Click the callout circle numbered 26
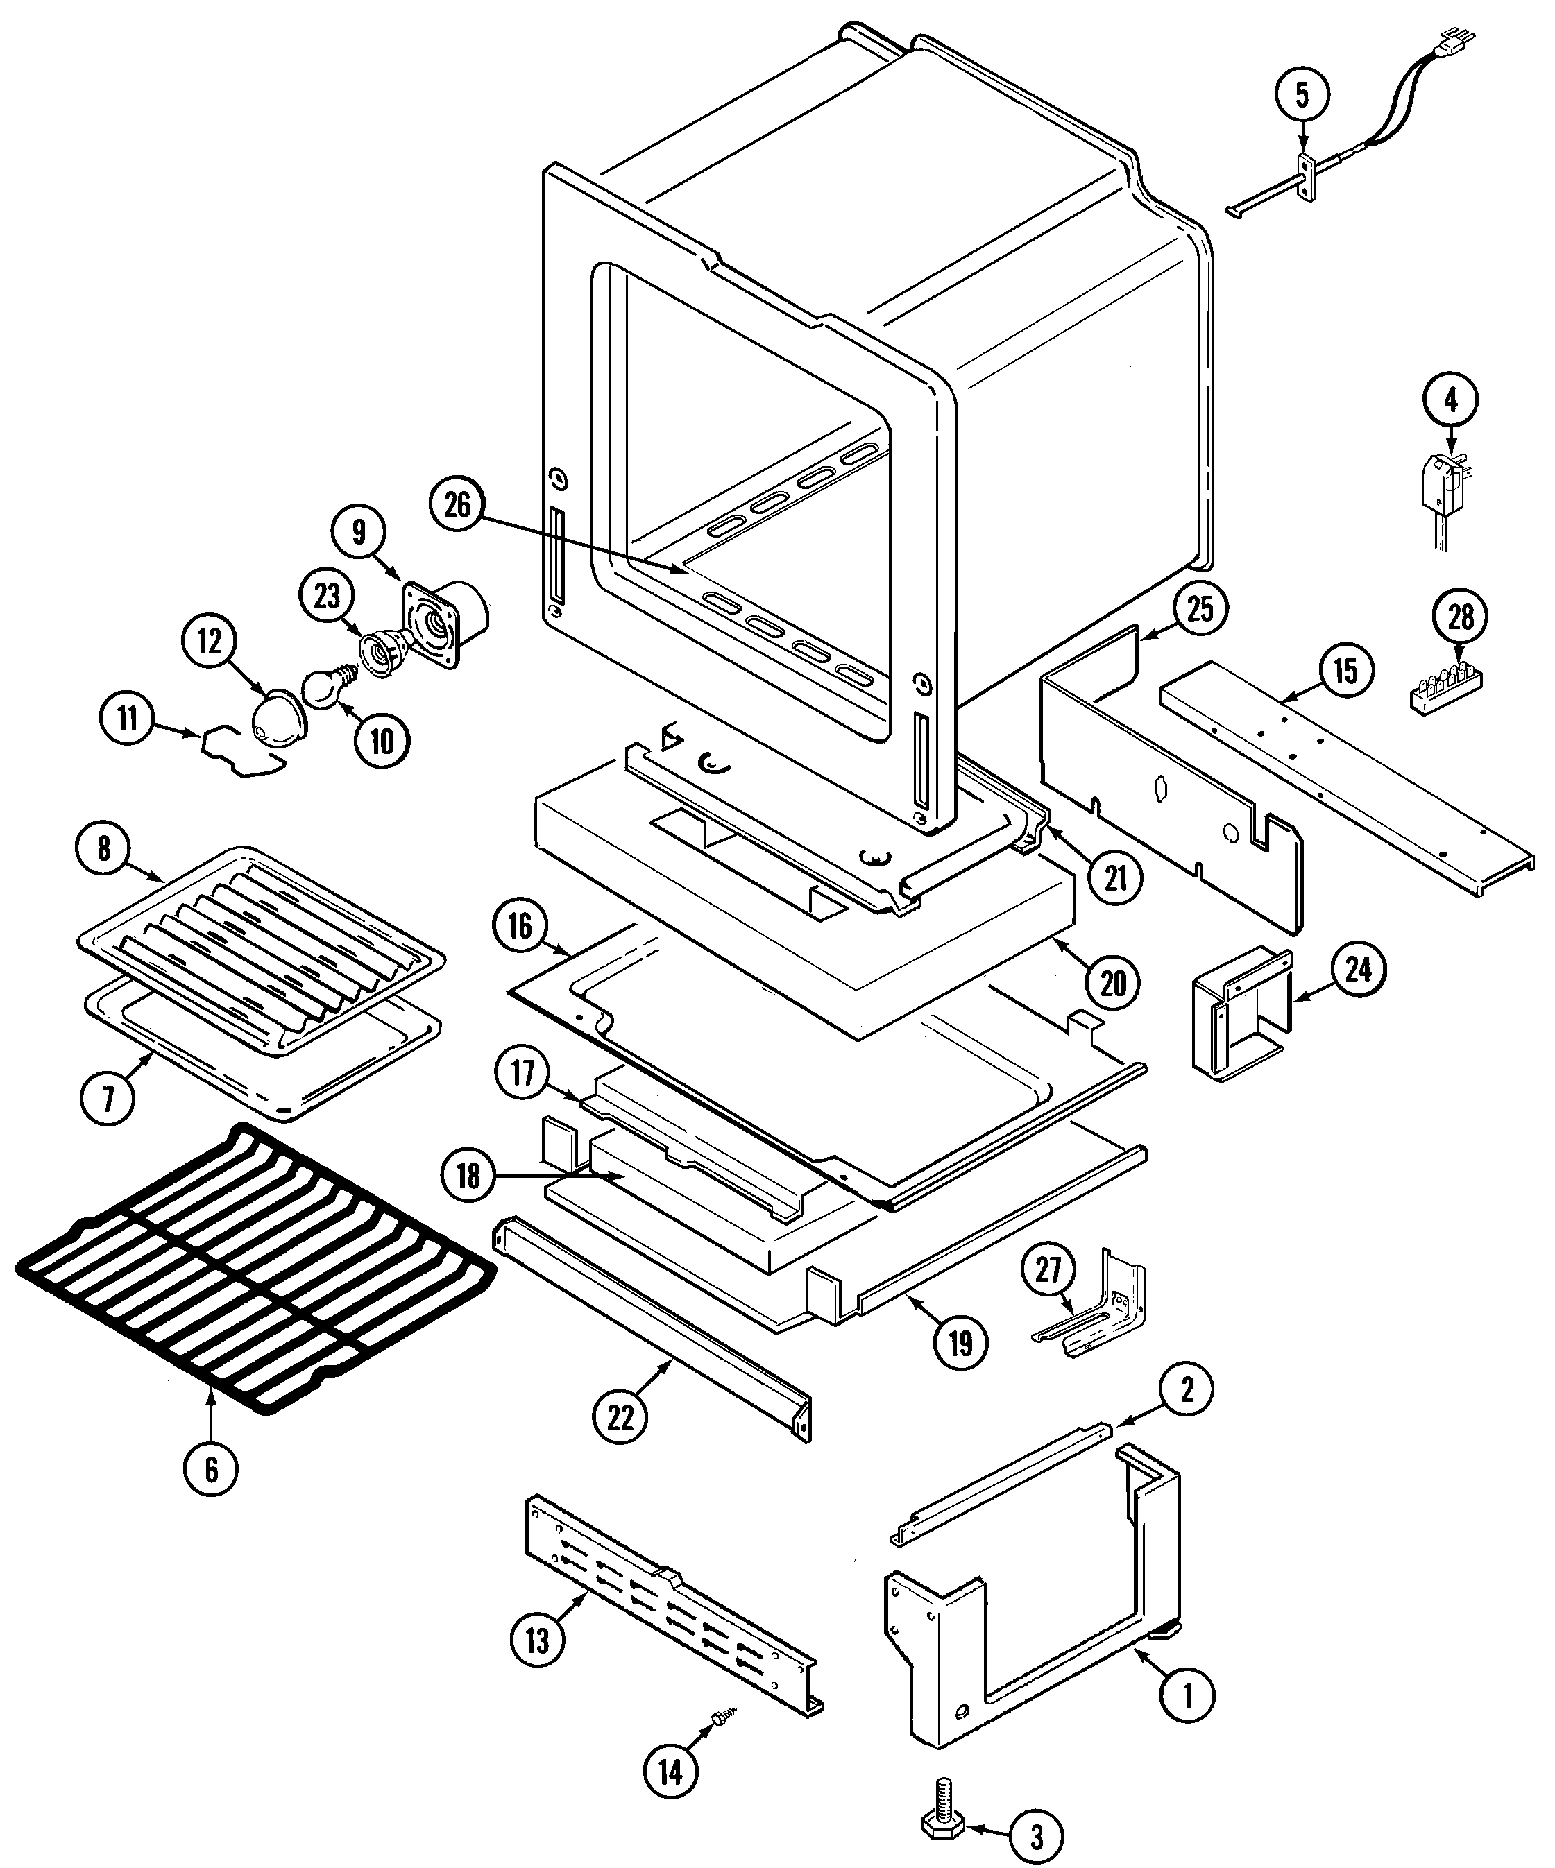[457, 505]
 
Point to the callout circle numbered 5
[1302, 95]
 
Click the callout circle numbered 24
[1357, 970]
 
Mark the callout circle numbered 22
[620, 1417]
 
